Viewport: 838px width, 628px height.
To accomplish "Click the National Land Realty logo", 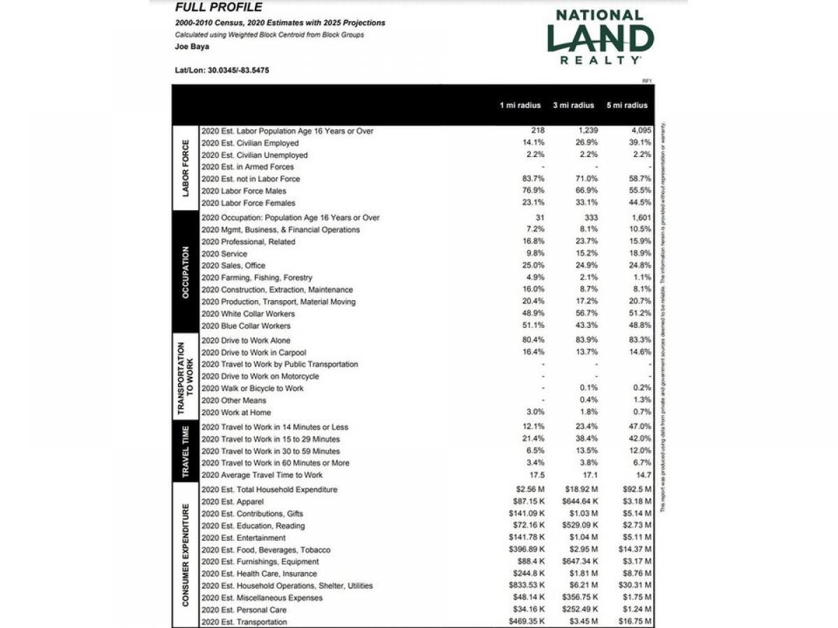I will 600,37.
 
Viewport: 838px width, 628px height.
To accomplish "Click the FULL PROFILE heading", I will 219,8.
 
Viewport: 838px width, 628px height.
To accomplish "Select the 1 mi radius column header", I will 520,105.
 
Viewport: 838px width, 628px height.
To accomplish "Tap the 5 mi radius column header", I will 626,105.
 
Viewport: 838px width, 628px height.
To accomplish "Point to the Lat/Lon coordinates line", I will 222,70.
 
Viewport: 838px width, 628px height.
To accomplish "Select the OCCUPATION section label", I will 185,272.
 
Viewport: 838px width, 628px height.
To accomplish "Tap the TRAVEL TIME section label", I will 185,451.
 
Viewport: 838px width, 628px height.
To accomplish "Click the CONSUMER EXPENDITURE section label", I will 185,555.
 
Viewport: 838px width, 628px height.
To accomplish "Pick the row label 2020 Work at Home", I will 237,412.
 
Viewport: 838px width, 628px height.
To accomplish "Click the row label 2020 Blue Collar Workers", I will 246,326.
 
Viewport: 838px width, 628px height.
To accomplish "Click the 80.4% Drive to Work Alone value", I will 534,340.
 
